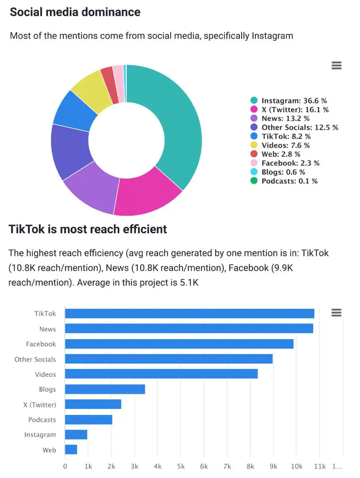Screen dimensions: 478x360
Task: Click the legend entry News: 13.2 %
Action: click(285, 118)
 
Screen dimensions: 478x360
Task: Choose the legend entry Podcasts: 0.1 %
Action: click(289, 181)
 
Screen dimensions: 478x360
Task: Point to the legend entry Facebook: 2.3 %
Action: click(290, 163)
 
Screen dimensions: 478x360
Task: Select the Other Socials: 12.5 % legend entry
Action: click(299, 127)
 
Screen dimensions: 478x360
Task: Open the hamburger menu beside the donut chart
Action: click(337, 66)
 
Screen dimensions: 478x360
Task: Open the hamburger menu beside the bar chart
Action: click(337, 313)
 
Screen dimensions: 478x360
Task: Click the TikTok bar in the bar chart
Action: click(190, 313)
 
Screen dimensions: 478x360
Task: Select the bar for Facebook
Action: click(179, 344)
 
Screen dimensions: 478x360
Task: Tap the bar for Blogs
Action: click(105, 389)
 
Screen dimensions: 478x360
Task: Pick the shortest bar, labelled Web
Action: click(71, 450)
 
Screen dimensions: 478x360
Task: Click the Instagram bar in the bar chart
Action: click(76, 435)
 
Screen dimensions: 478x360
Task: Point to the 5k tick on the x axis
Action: click(181, 466)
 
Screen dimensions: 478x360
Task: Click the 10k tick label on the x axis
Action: click(296, 466)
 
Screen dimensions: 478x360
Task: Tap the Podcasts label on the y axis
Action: click(42, 420)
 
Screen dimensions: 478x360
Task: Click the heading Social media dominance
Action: click(75, 12)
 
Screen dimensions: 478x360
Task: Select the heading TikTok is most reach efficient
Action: click(88, 229)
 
